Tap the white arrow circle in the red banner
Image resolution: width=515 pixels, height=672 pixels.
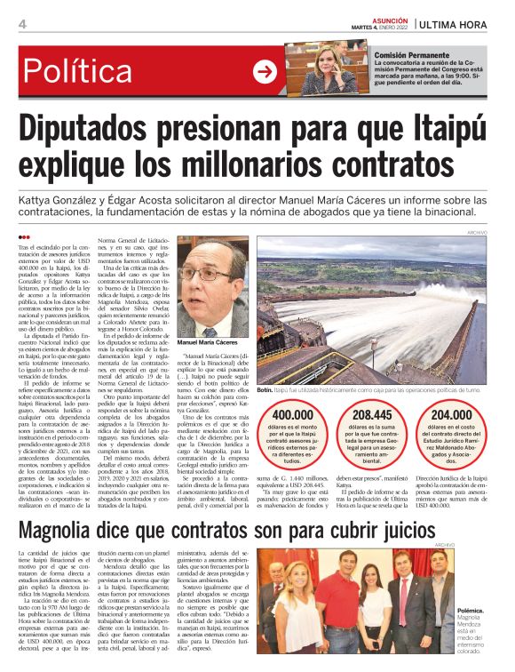[x=265, y=71]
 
